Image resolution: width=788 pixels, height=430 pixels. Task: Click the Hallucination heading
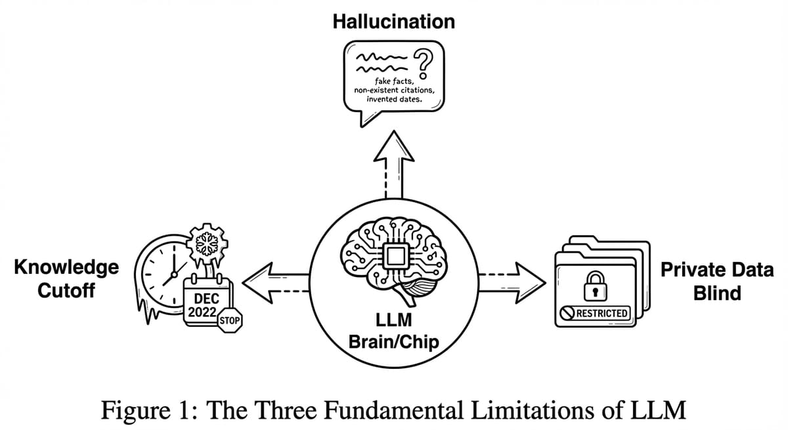click(x=393, y=22)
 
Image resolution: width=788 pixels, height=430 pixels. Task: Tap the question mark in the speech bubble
click(x=427, y=63)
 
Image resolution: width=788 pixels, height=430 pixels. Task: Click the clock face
click(x=164, y=276)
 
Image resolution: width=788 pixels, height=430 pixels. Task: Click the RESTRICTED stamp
click(x=596, y=312)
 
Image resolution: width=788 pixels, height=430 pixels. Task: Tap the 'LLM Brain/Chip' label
click(x=394, y=332)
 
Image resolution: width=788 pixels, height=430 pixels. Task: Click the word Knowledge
click(x=66, y=267)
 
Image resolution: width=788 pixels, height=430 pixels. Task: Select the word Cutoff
click(x=66, y=291)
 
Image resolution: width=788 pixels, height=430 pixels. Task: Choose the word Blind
click(x=717, y=293)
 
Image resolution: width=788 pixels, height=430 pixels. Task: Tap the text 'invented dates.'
click(x=393, y=99)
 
